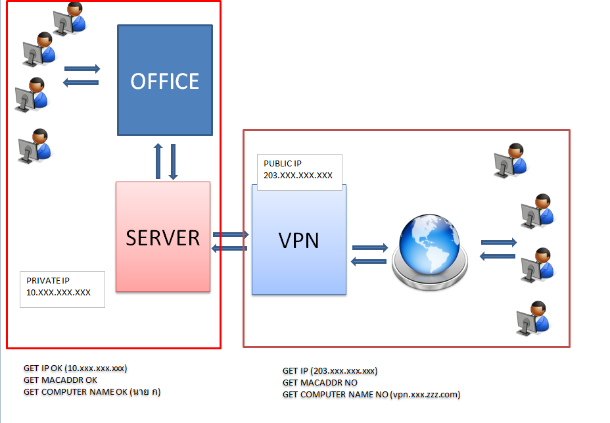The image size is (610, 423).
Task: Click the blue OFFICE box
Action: pyautogui.click(x=164, y=80)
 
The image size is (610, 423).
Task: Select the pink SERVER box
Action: pyautogui.click(x=163, y=237)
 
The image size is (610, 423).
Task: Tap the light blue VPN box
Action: pyautogui.click(x=299, y=240)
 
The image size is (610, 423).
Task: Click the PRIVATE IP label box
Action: pyautogui.click(x=62, y=288)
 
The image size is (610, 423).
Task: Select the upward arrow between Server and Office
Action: pyautogui.click(x=158, y=161)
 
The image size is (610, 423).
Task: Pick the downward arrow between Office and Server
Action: pyautogui.click(x=174, y=161)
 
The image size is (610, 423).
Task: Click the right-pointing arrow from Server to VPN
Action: pyautogui.click(x=230, y=234)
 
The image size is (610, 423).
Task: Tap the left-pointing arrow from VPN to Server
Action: pyautogui.click(x=229, y=247)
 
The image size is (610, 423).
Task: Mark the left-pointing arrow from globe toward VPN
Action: pyautogui.click(x=369, y=261)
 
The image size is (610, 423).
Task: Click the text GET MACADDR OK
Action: pyautogui.click(x=60, y=380)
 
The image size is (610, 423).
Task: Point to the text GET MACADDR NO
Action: pyautogui.click(x=320, y=383)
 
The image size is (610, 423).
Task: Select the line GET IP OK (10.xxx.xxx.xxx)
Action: pyautogui.click(x=75, y=368)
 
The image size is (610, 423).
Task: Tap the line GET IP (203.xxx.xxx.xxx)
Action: pyautogui.click(x=330, y=371)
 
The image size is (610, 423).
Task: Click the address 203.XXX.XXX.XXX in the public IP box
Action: pyautogui.click(x=298, y=176)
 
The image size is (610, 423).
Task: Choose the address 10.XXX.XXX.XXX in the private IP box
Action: pyautogui.click(x=59, y=293)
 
